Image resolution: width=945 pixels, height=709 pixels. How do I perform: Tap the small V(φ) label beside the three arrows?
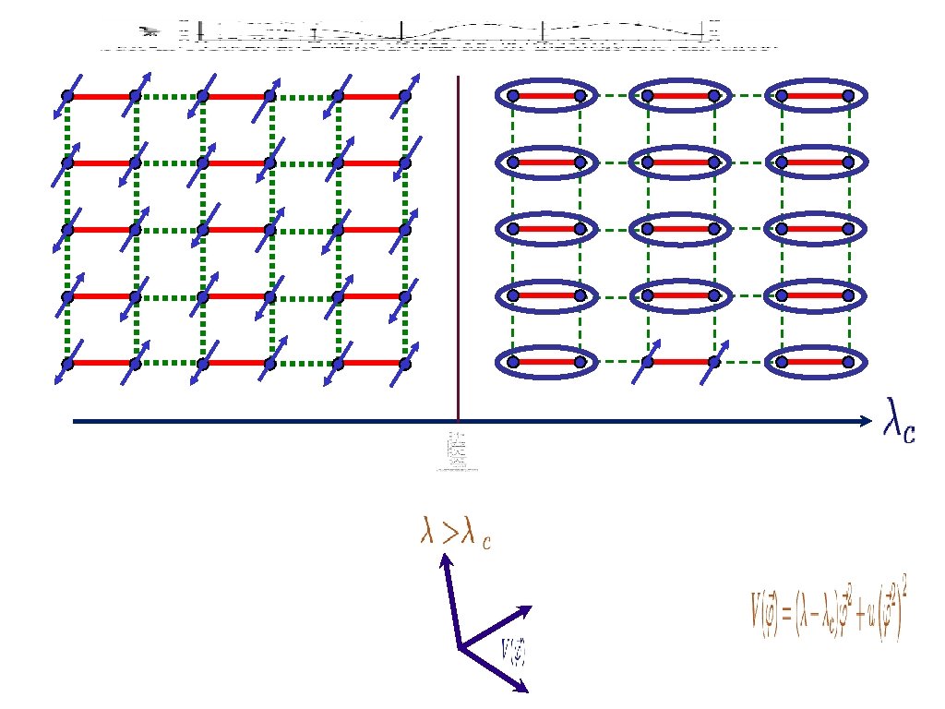tap(513, 650)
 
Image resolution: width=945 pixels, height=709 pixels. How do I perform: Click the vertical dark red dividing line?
tap(458, 249)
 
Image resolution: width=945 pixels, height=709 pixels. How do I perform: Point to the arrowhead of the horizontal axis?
tap(865, 422)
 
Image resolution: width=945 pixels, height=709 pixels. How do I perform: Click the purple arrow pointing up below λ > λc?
tap(450, 600)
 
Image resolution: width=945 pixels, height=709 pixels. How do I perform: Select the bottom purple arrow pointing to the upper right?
tap(496, 627)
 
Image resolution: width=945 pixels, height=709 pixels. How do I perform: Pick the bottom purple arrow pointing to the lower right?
tap(496, 669)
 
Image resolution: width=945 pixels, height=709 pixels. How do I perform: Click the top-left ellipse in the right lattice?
tap(544, 94)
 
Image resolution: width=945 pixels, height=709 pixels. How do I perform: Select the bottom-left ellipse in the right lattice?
tap(544, 362)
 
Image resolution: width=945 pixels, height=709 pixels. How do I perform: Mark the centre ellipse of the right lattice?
tap(679, 228)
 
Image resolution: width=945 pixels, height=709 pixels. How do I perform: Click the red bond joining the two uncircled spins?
tap(680, 362)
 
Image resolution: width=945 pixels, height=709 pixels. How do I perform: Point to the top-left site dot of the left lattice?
tap(66, 95)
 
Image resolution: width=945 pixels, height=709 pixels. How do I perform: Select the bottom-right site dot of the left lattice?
tap(404, 363)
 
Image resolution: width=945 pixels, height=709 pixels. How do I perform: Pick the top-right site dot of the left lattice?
tap(404, 95)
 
